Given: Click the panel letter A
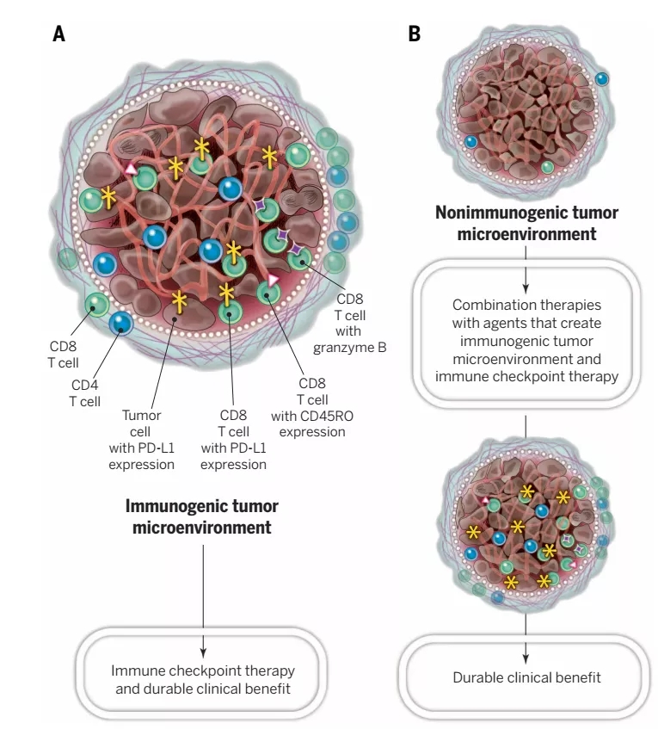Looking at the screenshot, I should [x=59, y=34].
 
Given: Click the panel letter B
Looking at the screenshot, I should [x=414, y=34].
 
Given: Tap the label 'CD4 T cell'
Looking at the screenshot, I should [x=84, y=392].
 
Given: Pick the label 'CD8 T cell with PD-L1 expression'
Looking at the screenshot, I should [x=233, y=440].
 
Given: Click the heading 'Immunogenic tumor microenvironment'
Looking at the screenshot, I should [x=202, y=516].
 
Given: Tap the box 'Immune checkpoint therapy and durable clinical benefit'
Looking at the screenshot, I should [x=203, y=679].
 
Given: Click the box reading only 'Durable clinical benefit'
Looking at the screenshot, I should [x=526, y=677].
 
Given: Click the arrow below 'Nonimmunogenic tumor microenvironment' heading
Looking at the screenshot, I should [x=526, y=262].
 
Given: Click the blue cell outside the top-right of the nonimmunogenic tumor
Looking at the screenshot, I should [x=603, y=78].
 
